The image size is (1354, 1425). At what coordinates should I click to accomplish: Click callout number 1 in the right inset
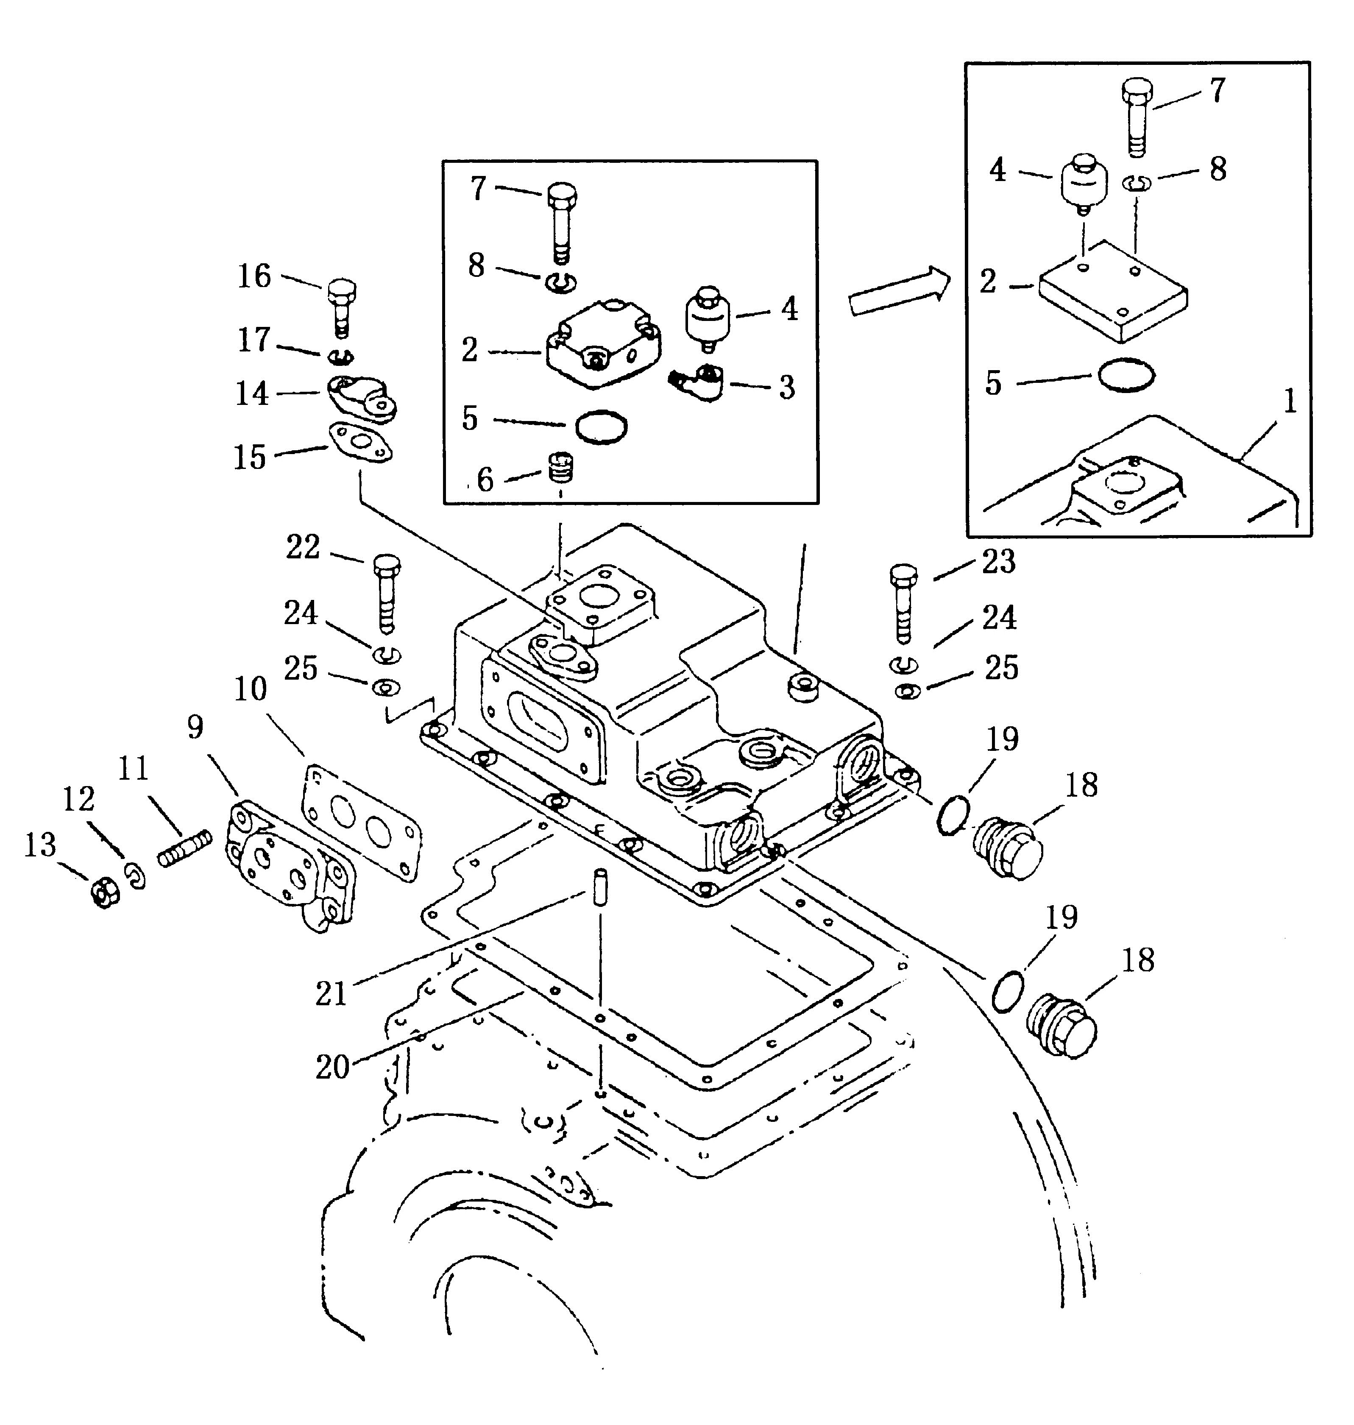point(1289,402)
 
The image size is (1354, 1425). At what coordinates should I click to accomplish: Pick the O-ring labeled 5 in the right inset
point(1126,375)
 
